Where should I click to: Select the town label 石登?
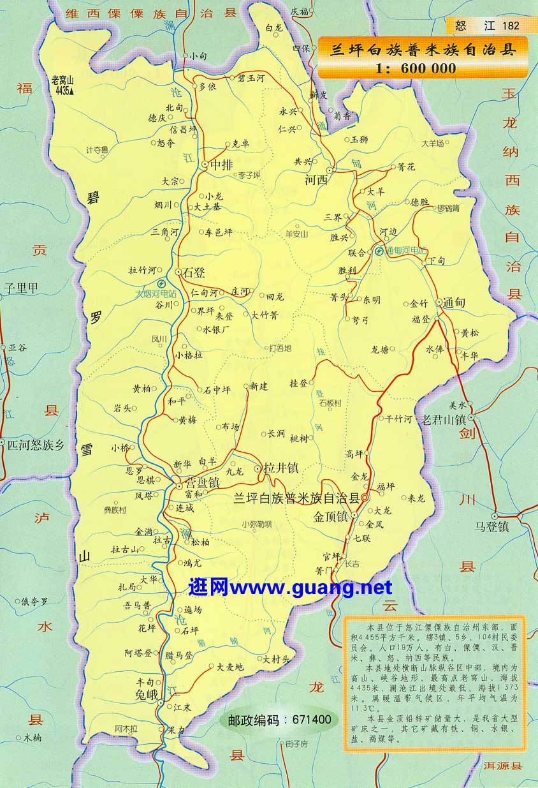(194, 273)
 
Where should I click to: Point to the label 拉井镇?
(280, 468)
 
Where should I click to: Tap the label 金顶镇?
(330, 516)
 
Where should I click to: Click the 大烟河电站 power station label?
(156, 295)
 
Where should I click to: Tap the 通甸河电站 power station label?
(404, 251)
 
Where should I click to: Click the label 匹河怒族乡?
(36, 445)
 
